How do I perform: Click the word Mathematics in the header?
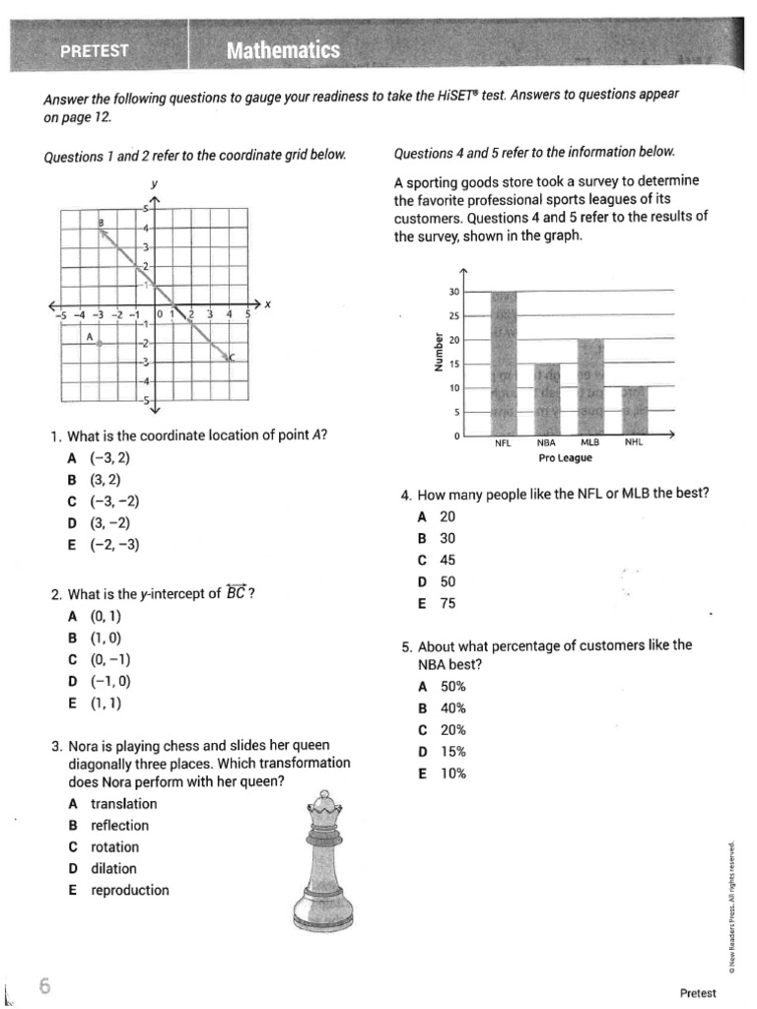[283, 50]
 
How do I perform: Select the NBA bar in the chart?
[547, 399]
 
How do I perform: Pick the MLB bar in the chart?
[590, 386]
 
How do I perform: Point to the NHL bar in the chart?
[634, 411]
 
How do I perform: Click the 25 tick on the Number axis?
[454, 316]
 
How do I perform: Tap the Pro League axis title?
[566, 458]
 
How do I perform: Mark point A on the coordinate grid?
[100, 343]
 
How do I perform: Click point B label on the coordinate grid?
[100, 223]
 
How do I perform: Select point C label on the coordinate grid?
[233, 357]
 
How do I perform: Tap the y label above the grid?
[154, 183]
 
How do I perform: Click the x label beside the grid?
[267, 303]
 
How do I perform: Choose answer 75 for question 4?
[447, 603]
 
